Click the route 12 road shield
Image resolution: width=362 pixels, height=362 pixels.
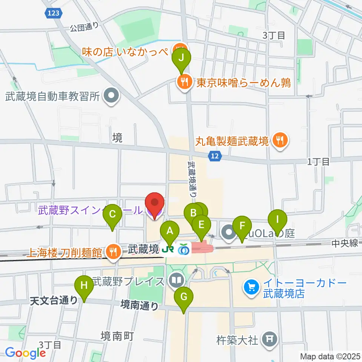pyautogui.click(x=215, y=155)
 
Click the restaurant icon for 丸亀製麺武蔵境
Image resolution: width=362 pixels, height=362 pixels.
pyautogui.click(x=279, y=141)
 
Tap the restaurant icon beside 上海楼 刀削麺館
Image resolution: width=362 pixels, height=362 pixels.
pyautogui.click(x=112, y=252)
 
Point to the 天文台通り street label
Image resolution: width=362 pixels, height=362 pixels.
pyautogui.click(x=54, y=300)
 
